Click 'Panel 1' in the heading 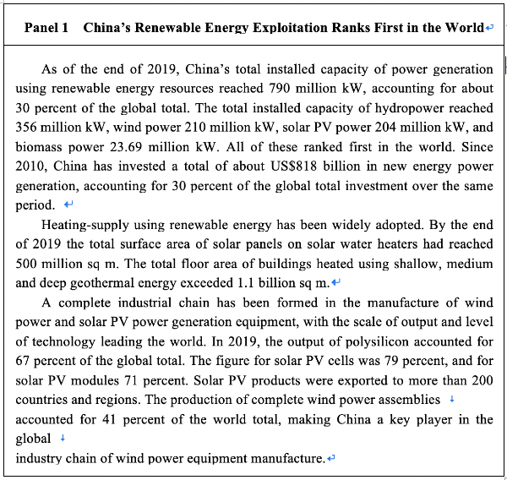coord(46,27)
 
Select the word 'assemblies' coord(410,399)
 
